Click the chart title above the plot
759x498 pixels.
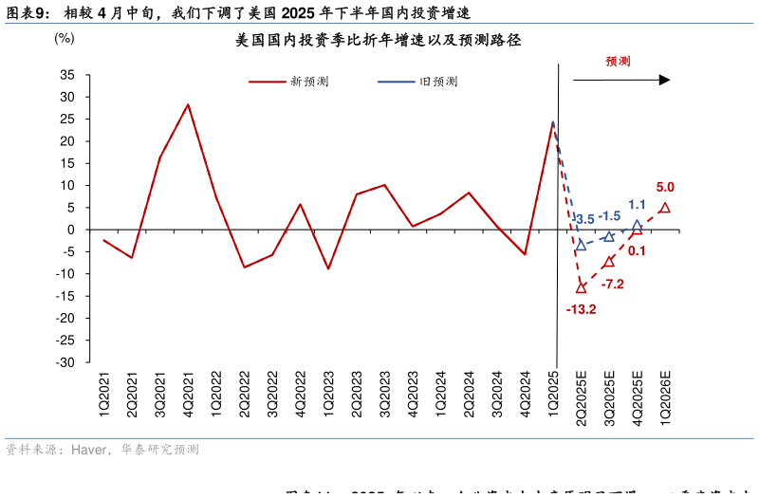pyautogui.click(x=379, y=41)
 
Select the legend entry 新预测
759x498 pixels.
pyautogui.click(x=309, y=83)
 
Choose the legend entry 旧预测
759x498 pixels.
pyautogui.click(x=438, y=83)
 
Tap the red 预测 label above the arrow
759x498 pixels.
pyautogui.click(x=619, y=61)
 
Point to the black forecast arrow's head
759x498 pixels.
pyautogui.click(x=665, y=81)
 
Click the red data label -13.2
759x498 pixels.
pyautogui.click(x=581, y=309)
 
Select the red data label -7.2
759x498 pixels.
pyautogui.click(x=612, y=284)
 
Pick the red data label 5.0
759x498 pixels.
pyautogui.click(x=665, y=188)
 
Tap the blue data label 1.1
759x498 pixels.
pyautogui.click(x=637, y=204)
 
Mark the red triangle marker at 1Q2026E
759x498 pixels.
pyautogui.click(x=665, y=208)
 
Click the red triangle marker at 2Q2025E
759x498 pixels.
pyautogui.click(x=581, y=287)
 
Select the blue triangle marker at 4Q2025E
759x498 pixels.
pyautogui.click(x=638, y=226)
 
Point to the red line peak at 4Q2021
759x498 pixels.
pyautogui.click(x=188, y=104)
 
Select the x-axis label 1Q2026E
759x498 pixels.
pyautogui.click(x=665, y=397)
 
